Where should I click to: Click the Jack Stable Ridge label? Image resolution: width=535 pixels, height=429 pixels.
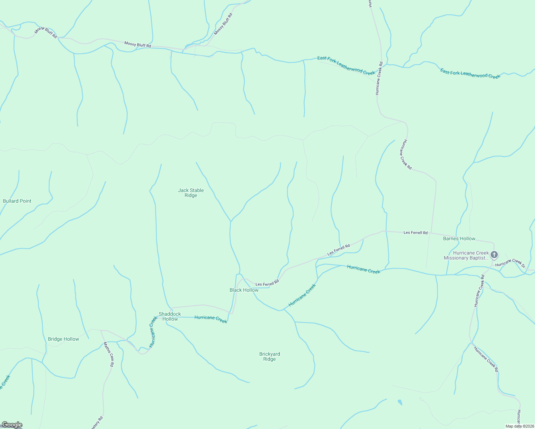(x=191, y=193)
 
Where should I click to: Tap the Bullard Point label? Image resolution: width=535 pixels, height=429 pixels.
(x=17, y=201)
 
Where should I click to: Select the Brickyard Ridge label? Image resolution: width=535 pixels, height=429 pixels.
(x=270, y=357)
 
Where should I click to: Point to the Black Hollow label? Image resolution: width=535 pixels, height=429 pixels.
(x=244, y=290)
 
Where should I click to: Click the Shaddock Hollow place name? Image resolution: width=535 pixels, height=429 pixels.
(x=170, y=316)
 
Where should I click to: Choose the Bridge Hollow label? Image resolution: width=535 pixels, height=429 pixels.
(x=63, y=339)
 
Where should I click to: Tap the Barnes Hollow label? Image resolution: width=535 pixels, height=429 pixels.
(x=459, y=239)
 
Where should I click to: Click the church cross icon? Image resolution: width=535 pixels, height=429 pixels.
(x=494, y=255)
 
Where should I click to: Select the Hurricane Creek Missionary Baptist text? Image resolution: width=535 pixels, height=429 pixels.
(x=466, y=256)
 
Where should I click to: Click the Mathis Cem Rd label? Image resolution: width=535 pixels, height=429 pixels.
(x=108, y=354)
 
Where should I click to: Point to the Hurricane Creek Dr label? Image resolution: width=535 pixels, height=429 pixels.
(x=510, y=263)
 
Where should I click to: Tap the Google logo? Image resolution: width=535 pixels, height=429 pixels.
(x=12, y=425)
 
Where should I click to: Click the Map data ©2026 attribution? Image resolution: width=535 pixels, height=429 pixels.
(x=519, y=426)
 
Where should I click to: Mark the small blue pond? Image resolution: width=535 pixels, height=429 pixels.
(x=399, y=403)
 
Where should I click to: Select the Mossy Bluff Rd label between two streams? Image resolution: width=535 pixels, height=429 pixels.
(x=138, y=45)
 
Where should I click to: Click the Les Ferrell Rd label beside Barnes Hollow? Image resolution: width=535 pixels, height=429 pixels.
(x=416, y=233)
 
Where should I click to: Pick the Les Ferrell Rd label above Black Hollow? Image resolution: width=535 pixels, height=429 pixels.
(x=267, y=284)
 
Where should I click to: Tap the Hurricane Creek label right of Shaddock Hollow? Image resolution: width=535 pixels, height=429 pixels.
(x=211, y=319)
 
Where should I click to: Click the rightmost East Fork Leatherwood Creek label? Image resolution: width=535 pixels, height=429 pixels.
(x=470, y=74)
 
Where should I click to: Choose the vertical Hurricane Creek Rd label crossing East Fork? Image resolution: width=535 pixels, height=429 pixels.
(x=379, y=78)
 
